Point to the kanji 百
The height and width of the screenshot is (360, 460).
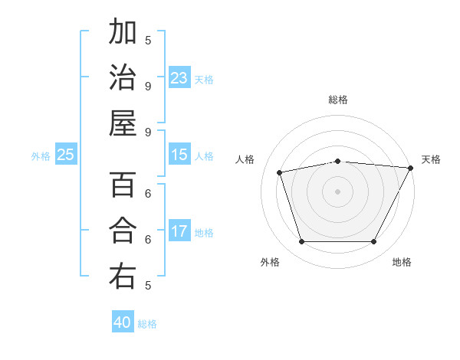coord(123,185)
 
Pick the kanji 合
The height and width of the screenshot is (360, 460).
coord(123,231)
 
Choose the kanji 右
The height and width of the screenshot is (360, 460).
coord(123,277)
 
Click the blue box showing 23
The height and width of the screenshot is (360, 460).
coord(179,78)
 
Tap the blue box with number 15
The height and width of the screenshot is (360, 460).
coord(179,155)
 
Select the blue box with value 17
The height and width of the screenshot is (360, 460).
coord(179,231)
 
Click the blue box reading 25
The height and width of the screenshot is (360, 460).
coord(65,155)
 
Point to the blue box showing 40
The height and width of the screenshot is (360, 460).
coord(123,322)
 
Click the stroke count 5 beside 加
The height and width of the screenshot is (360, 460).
coord(148,40)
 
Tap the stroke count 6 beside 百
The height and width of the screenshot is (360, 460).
coord(148,193)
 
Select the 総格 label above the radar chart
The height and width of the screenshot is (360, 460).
coord(337,100)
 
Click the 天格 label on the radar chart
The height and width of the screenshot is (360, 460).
coord(431,159)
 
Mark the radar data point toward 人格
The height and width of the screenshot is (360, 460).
coord(280,172)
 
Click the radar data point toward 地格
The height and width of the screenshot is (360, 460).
coord(374,242)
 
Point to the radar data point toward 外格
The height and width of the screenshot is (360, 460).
coord(301,242)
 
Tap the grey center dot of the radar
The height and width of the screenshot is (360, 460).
coord(337,191)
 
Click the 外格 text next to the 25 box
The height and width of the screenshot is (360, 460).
coord(40,155)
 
